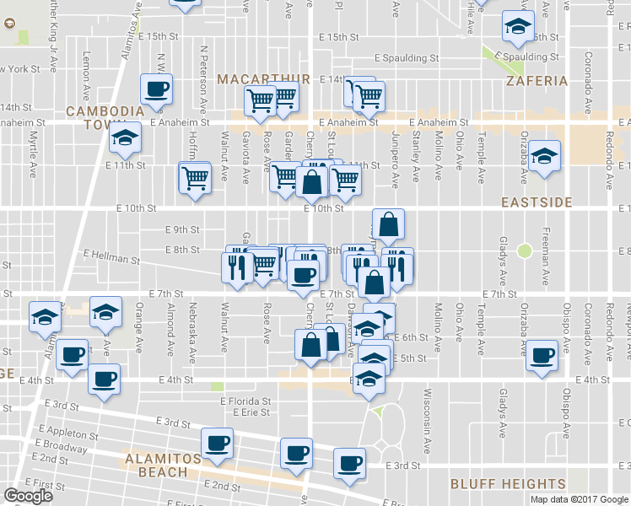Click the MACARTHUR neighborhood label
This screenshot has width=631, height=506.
tap(252, 79)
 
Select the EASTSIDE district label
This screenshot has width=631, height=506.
tap(537, 202)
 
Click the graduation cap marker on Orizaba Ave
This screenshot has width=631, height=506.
tap(545, 156)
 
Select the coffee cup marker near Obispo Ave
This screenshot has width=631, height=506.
tap(542, 355)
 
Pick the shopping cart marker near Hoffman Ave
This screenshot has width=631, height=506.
tap(195, 178)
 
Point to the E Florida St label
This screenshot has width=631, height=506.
tap(245, 402)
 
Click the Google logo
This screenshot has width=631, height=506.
tap(28, 496)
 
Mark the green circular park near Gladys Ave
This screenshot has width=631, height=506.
tap(526, 250)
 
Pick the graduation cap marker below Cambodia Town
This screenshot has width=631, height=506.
tap(126, 137)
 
